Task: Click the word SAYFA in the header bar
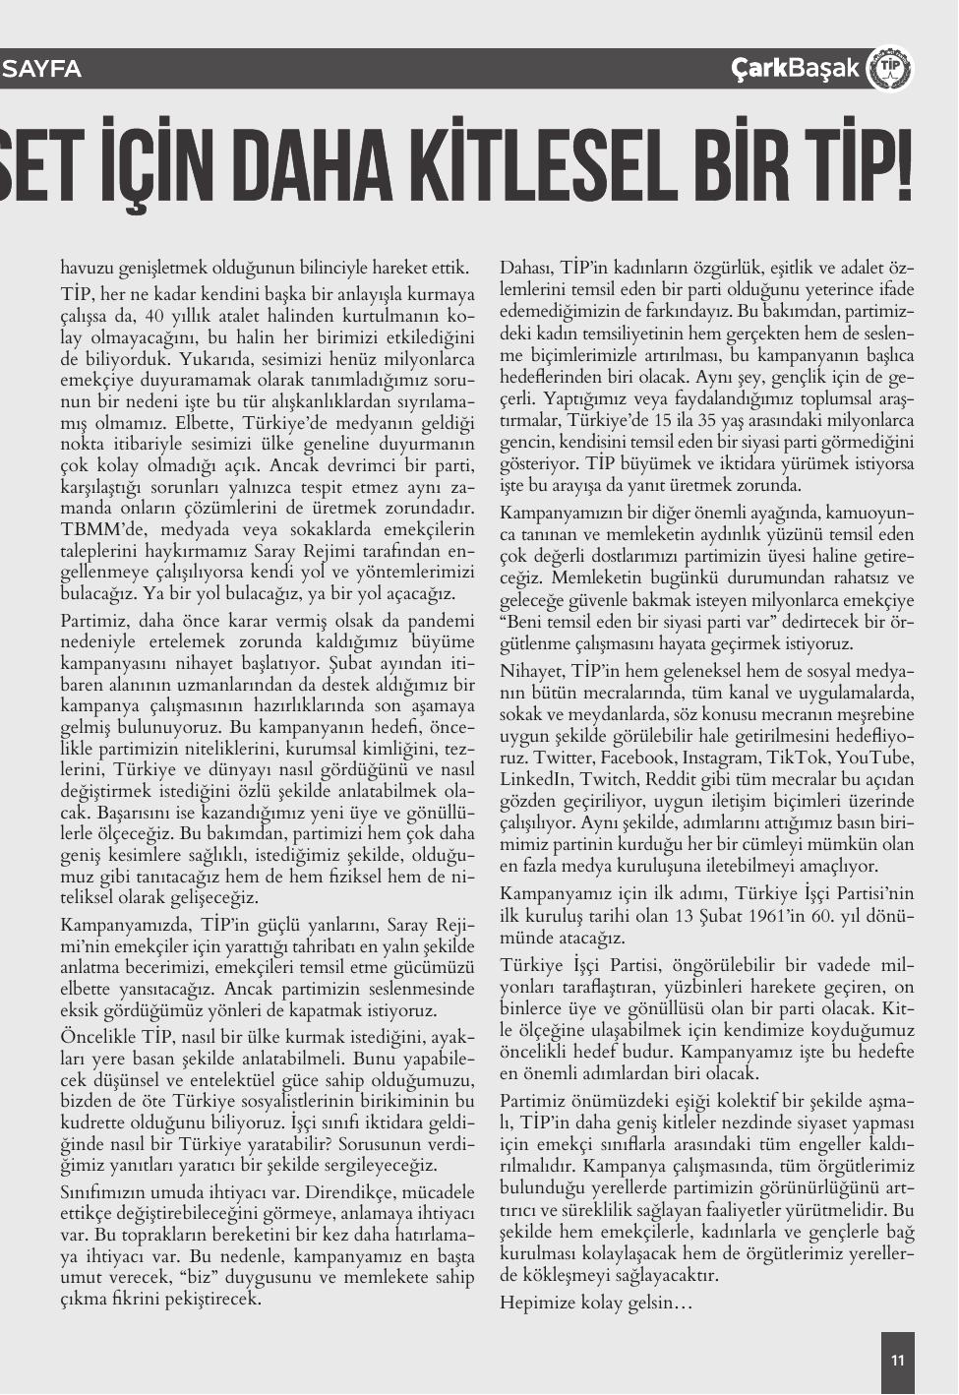[x=42, y=69]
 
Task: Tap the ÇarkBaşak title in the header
[x=796, y=69]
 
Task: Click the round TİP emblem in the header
[x=889, y=69]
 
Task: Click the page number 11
[x=897, y=1361]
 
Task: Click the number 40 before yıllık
[x=154, y=316]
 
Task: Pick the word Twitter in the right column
[x=532, y=757]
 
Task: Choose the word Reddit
[x=671, y=778]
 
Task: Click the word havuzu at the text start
[x=87, y=268]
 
